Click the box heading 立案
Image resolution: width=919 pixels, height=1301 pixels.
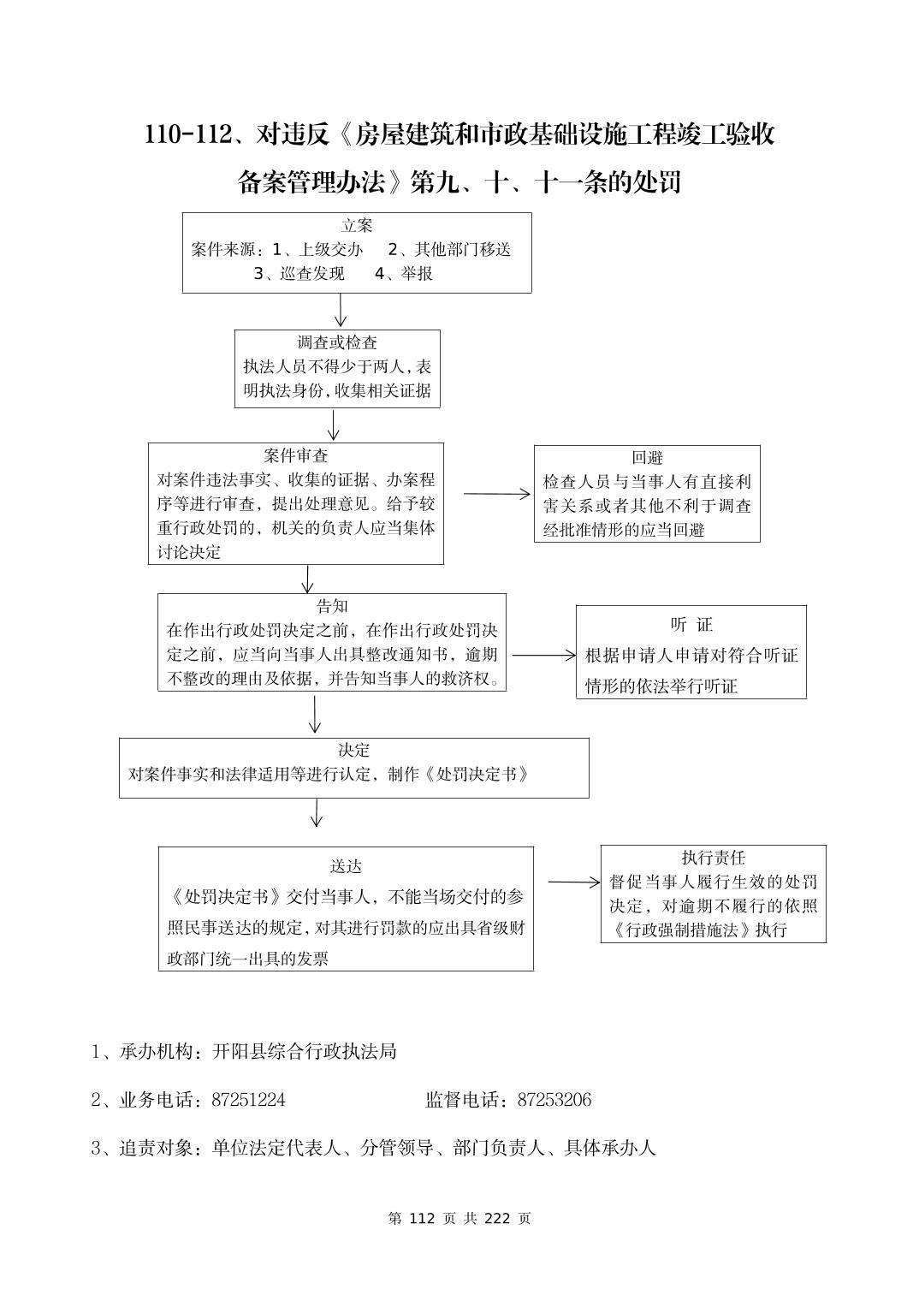[x=357, y=226]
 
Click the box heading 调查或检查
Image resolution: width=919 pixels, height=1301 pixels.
[x=337, y=342]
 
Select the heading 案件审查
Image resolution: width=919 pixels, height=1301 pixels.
[x=296, y=455]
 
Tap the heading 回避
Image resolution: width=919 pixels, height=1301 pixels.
[x=647, y=458]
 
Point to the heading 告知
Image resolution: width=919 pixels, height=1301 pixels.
[x=332, y=606]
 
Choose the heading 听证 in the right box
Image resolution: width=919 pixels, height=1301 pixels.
[x=691, y=625]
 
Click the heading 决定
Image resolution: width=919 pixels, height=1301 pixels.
[x=353, y=750]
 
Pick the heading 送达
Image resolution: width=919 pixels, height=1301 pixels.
[x=346, y=866]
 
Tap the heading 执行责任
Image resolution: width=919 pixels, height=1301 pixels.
[x=713, y=858]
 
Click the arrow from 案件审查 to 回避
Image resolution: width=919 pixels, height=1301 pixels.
[x=497, y=494]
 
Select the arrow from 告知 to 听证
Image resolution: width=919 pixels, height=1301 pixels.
[x=544, y=656]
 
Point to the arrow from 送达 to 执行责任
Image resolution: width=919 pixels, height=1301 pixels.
[x=574, y=882]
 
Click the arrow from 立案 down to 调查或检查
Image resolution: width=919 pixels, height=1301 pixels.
[x=341, y=311]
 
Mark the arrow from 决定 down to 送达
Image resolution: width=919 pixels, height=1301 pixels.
[x=317, y=813]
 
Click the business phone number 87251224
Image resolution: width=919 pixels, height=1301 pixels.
[x=248, y=1100]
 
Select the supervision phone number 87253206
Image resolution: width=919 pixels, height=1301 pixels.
[x=554, y=1100]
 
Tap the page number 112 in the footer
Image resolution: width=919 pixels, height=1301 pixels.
[x=424, y=1218]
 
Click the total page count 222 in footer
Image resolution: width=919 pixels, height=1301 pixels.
[x=497, y=1218]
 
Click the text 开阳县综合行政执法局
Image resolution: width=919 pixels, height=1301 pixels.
[x=305, y=1051]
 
